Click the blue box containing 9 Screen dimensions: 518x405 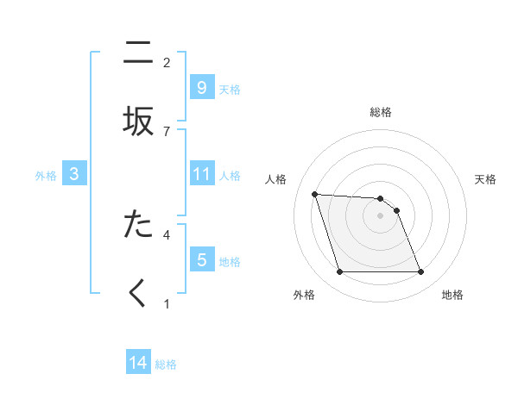click(x=201, y=87)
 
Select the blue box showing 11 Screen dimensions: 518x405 click(x=201, y=174)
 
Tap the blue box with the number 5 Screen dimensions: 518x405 click(x=201, y=259)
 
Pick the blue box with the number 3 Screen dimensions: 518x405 click(x=74, y=174)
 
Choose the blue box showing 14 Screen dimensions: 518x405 click(x=138, y=363)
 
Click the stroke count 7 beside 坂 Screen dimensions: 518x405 click(x=167, y=131)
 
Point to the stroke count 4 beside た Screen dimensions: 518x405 click(x=167, y=234)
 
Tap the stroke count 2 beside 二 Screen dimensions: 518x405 click(x=167, y=63)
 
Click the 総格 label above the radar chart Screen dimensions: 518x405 click(x=381, y=112)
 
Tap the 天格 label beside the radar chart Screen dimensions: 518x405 click(x=486, y=179)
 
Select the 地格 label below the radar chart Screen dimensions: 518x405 click(x=452, y=295)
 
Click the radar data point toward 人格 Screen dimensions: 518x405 click(x=314, y=194)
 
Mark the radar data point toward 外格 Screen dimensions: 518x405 click(x=339, y=272)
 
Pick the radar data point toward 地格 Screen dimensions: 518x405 click(x=420, y=272)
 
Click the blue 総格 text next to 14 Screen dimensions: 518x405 click(x=166, y=364)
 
